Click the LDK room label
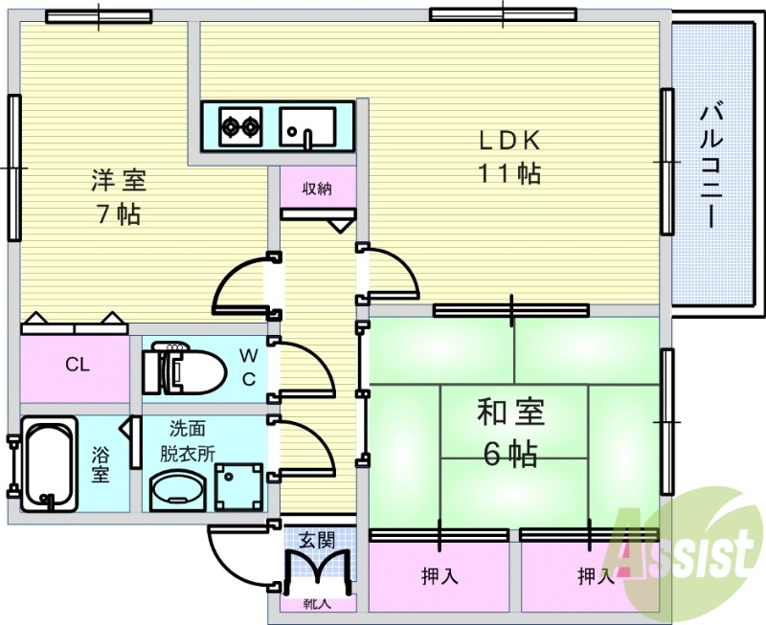pos(510,140)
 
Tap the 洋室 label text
pos(119,180)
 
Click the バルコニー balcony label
pos(710,164)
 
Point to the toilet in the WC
pos(171,366)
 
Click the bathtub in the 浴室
pos(51,466)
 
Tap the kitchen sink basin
pos(307,126)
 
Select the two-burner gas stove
pos(239,124)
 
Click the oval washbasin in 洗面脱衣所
pos(176,489)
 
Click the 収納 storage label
pos(318,189)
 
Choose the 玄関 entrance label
pos(316,539)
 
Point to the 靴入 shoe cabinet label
pos(317,603)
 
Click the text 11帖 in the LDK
pos(510,173)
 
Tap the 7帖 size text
pos(119,213)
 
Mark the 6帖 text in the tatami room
pos(510,454)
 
